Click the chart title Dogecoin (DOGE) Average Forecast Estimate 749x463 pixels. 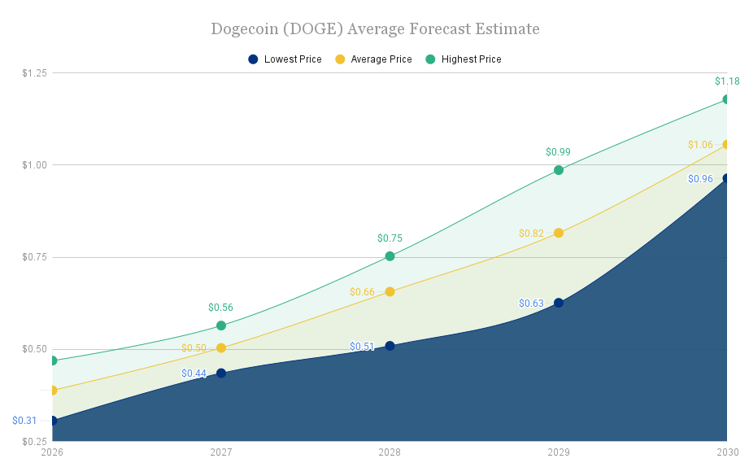375,29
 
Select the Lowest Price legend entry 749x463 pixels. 285,59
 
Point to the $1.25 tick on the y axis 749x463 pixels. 34,73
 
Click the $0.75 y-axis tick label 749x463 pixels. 34,257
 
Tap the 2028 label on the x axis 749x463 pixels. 390,452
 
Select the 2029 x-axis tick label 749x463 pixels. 559,452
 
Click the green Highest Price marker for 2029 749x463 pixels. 559,170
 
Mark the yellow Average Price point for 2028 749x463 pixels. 390,291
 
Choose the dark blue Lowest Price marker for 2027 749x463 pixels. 221,373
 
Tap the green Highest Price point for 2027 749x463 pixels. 221,325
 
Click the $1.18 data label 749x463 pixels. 726,81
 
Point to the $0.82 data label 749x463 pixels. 531,234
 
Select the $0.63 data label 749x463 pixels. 531,304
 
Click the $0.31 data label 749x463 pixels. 24,421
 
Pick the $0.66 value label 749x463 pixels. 362,292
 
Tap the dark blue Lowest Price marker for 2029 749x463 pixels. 559,303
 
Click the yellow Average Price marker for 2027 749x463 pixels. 221,348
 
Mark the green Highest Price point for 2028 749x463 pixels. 390,256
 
